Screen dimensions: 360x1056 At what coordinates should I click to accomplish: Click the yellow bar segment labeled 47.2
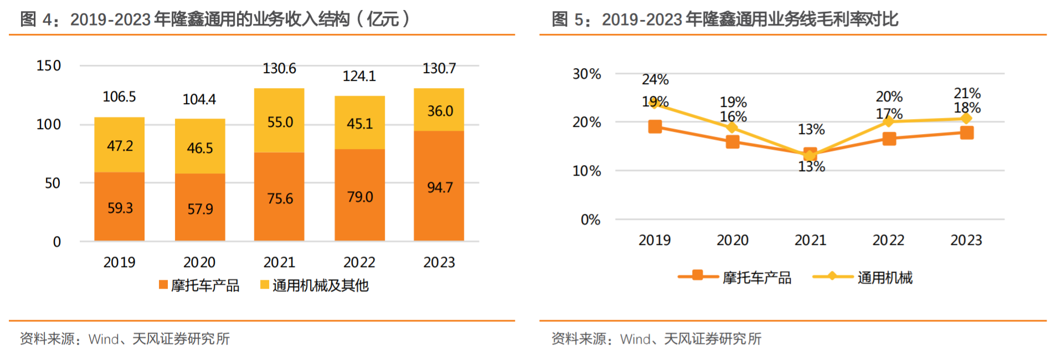120,145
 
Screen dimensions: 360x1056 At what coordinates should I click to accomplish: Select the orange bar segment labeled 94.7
439,186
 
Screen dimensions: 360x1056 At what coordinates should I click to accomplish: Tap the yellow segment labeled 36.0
439,110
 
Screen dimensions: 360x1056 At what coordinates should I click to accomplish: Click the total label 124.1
359,76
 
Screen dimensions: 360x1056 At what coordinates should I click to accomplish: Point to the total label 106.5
119,97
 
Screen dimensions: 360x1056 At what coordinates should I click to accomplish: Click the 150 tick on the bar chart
49,66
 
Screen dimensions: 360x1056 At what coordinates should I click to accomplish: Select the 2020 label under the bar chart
199,262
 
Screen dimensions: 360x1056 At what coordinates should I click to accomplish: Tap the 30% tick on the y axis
586,74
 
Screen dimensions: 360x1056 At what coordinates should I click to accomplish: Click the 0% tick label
590,220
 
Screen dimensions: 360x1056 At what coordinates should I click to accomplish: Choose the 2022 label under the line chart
888,240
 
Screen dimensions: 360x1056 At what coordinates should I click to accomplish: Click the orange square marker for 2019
655,127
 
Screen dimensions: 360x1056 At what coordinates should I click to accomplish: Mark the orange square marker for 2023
967,133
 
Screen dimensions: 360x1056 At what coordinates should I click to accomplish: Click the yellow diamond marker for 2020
732,128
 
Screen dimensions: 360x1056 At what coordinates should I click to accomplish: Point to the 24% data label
655,80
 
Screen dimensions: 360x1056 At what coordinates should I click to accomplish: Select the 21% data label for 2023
967,93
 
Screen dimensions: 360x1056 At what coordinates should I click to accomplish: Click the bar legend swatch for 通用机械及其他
265,285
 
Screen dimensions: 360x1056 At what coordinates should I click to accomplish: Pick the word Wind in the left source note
104,339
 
